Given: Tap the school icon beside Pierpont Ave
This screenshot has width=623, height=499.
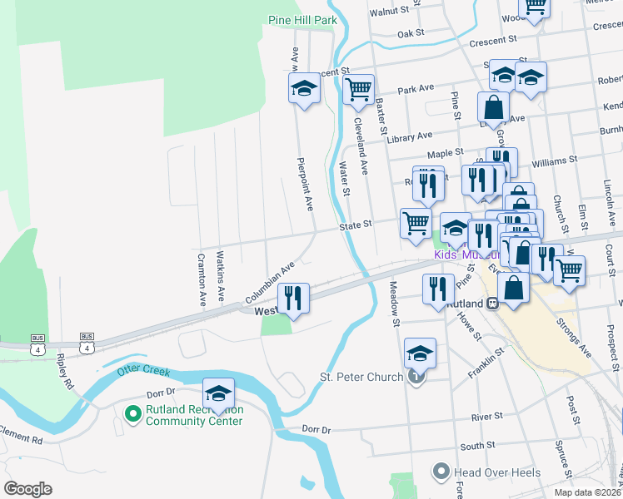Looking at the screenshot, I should click(x=305, y=89).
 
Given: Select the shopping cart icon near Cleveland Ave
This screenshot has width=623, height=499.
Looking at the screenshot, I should click(x=358, y=88).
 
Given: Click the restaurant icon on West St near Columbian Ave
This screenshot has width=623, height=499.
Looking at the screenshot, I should click(x=293, y=298).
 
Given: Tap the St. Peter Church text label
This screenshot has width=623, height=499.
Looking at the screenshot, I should click(x=361, y=378).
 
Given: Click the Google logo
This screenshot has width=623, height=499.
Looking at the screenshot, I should click(x=27, y=489).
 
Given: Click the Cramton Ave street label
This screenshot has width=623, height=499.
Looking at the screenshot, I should click(x=201, y=279).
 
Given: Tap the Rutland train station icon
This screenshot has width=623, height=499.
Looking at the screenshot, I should click(x=491, y=304).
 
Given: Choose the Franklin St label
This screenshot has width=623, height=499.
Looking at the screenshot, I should click(x=486, y=363).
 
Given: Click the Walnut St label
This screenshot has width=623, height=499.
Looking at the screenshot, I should click(x=391, y=12).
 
